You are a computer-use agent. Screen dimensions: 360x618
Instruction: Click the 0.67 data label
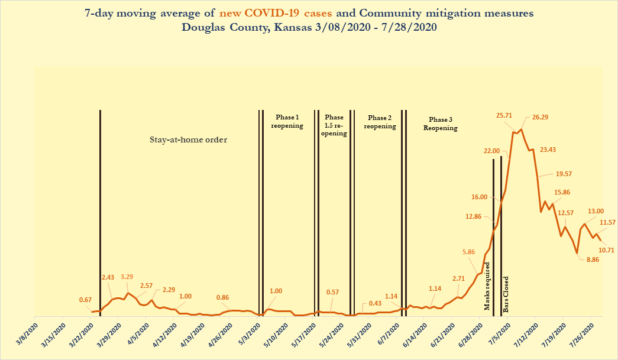click(x=85, y=300)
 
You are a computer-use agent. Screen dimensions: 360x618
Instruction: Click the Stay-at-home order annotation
click(x=188, y=140)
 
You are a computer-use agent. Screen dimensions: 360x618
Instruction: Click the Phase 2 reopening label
click(x=379, y=122)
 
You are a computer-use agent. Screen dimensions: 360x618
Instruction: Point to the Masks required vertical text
click(x=488, y=286)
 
